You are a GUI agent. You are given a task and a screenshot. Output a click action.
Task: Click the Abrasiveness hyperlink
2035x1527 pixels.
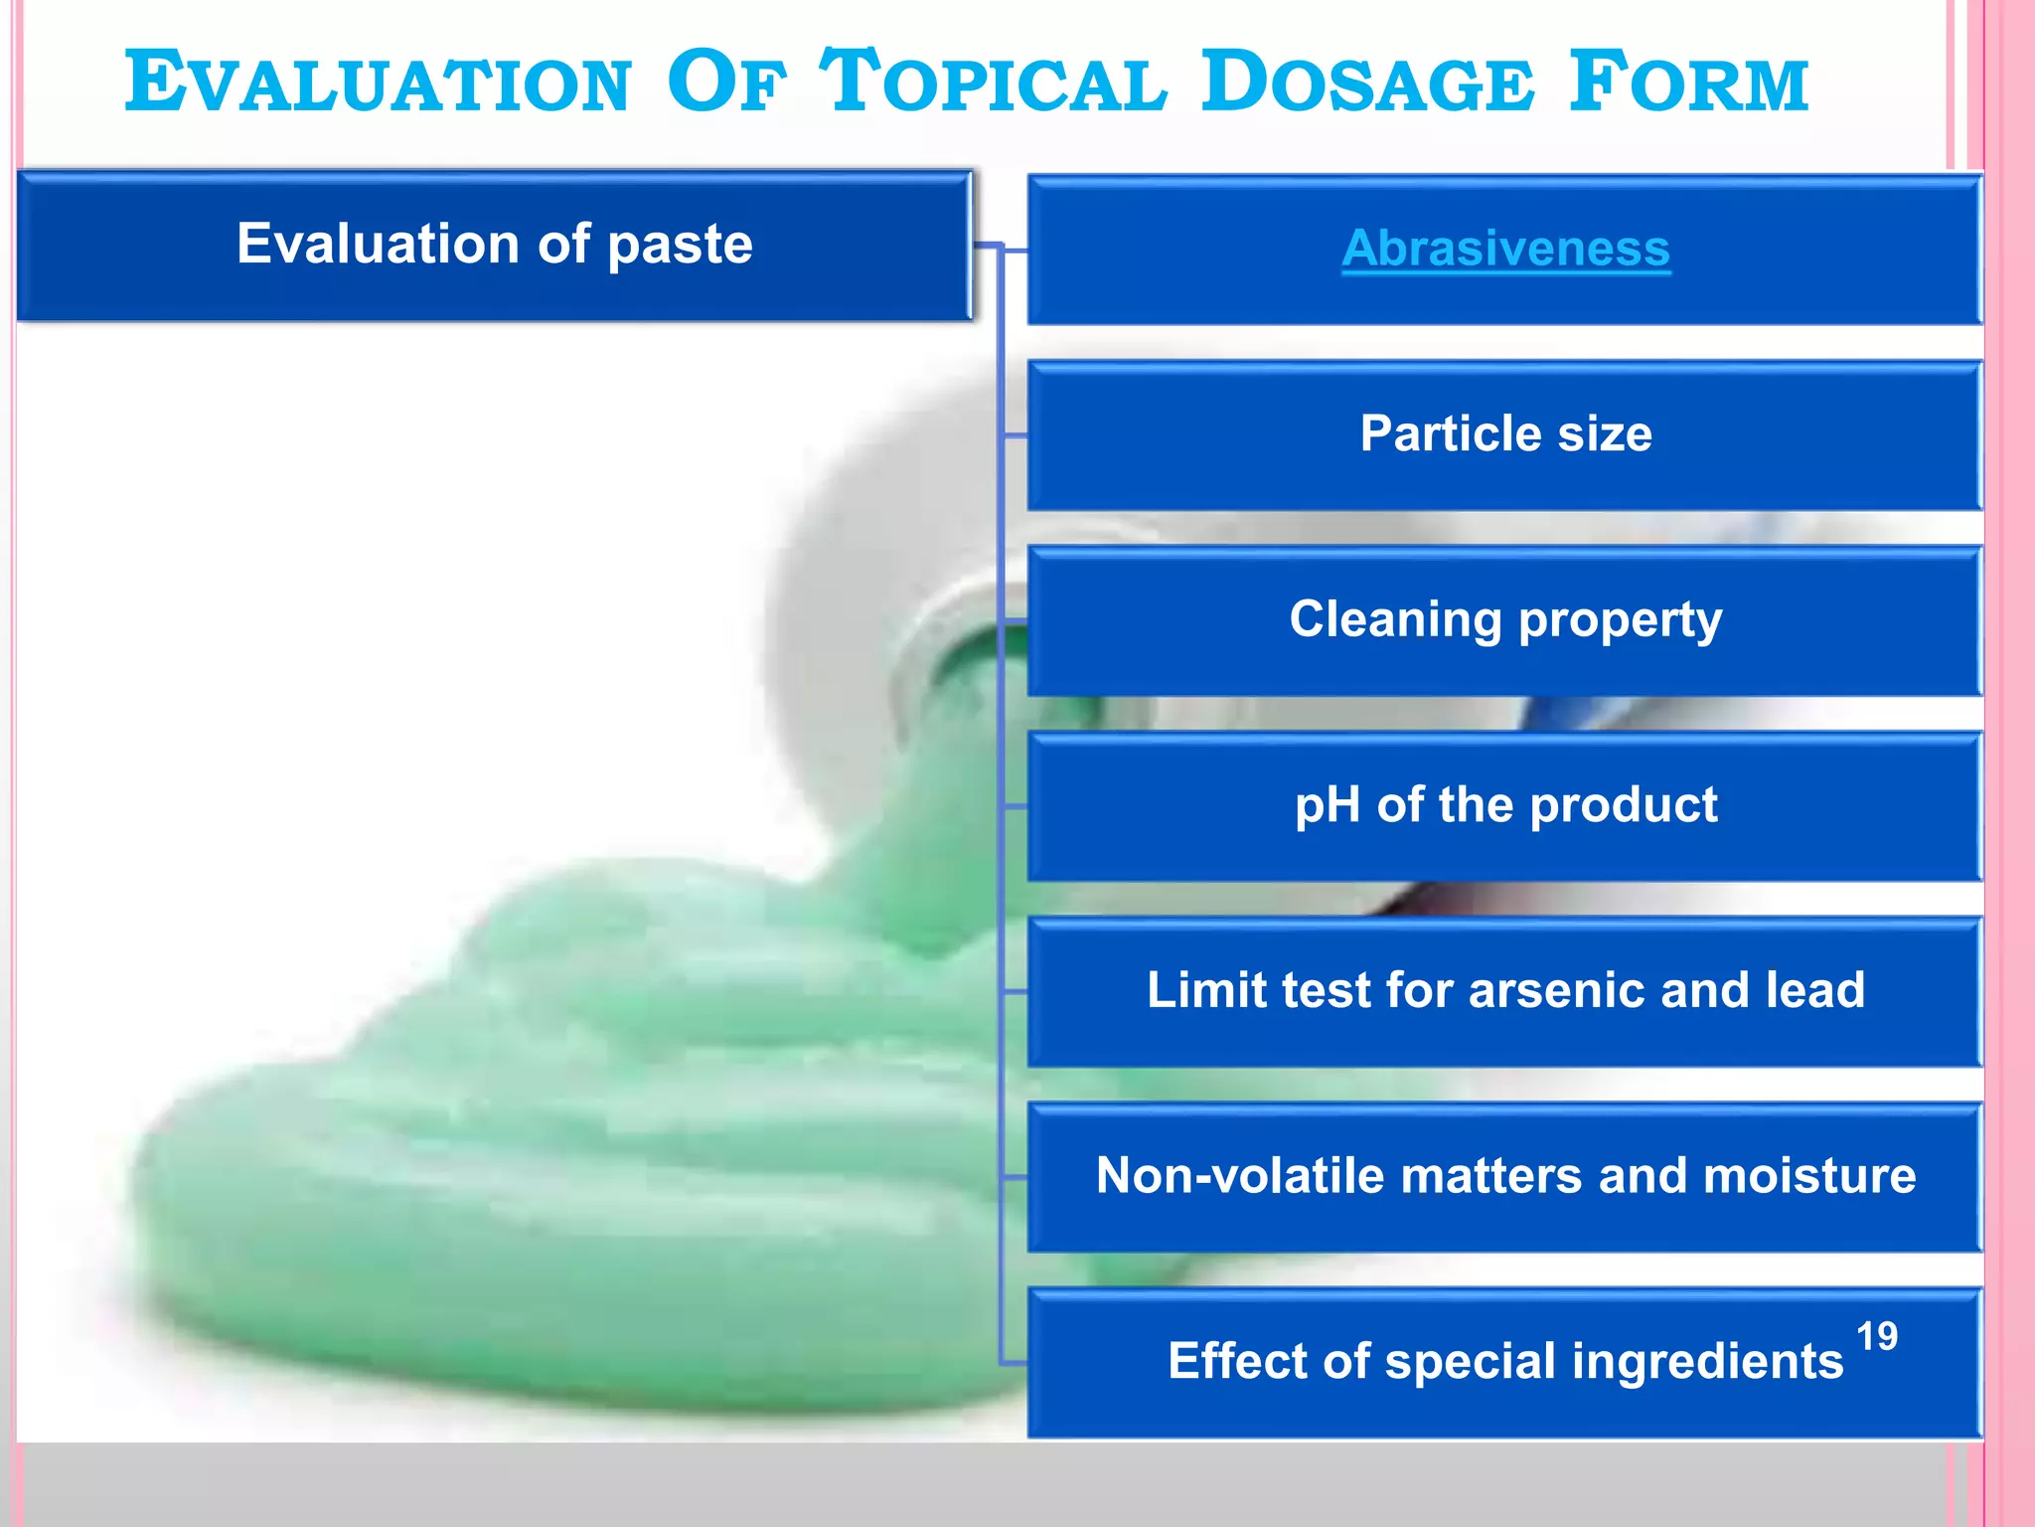pos(1505,249)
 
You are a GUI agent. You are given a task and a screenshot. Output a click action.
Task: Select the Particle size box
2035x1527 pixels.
pos(1505,435)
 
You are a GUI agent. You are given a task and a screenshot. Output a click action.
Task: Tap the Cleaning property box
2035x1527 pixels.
pos(1505,620)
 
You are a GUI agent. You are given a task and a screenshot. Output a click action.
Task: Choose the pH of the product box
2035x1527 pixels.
pos(1505,805)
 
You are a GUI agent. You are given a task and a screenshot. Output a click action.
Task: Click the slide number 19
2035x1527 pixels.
pos(1876,1337)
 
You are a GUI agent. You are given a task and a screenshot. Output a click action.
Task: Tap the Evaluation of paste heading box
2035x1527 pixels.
pos(494,246)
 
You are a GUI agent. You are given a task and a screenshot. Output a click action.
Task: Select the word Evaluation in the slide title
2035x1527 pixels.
pos(378,84)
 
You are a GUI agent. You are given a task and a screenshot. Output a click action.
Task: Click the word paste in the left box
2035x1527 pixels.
pos(680,246)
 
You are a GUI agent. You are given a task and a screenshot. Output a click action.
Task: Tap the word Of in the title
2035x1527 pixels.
pos(725,84)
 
